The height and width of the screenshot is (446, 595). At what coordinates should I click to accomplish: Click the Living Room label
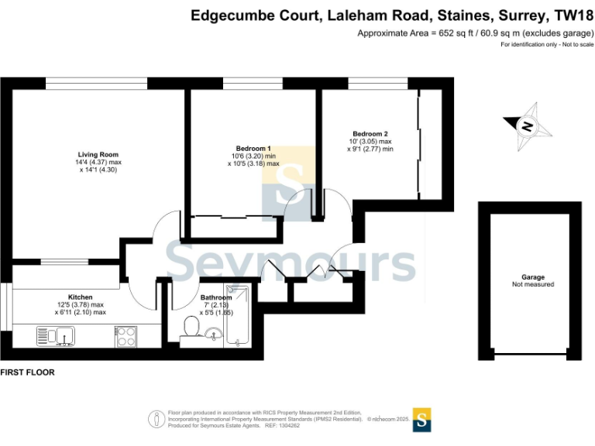pyautogui.click(x=98, y=153)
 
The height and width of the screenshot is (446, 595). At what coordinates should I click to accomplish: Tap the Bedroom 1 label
pyautogui.click(x=253, y=148)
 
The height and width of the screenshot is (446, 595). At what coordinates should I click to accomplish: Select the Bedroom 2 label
pyautogui.click(x=370, y=132)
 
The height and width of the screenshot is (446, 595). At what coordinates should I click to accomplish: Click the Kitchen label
pyautogui.click(x=81, y=297)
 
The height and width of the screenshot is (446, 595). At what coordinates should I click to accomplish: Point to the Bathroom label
pyautogui.click(x=215, y=297)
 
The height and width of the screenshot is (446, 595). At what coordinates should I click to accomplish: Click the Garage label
pyautogui.click(x=533, y=276)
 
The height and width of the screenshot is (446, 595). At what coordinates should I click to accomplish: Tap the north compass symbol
pyautogui.click(x=527, y=125)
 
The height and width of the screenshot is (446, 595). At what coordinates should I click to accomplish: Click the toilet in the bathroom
pyautogui.click(x=189, y=329)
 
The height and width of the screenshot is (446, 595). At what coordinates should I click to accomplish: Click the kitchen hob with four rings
pyautogui.click(x=126, y=336)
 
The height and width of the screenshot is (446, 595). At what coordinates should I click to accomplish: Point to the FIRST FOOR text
pyautogui.click(x=27, y=372)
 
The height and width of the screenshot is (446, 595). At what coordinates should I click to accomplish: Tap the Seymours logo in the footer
pyautogui.click(x=422, y=419)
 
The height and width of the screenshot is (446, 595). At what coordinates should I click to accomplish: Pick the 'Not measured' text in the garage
pyautogui.click(x=533, y=285)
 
